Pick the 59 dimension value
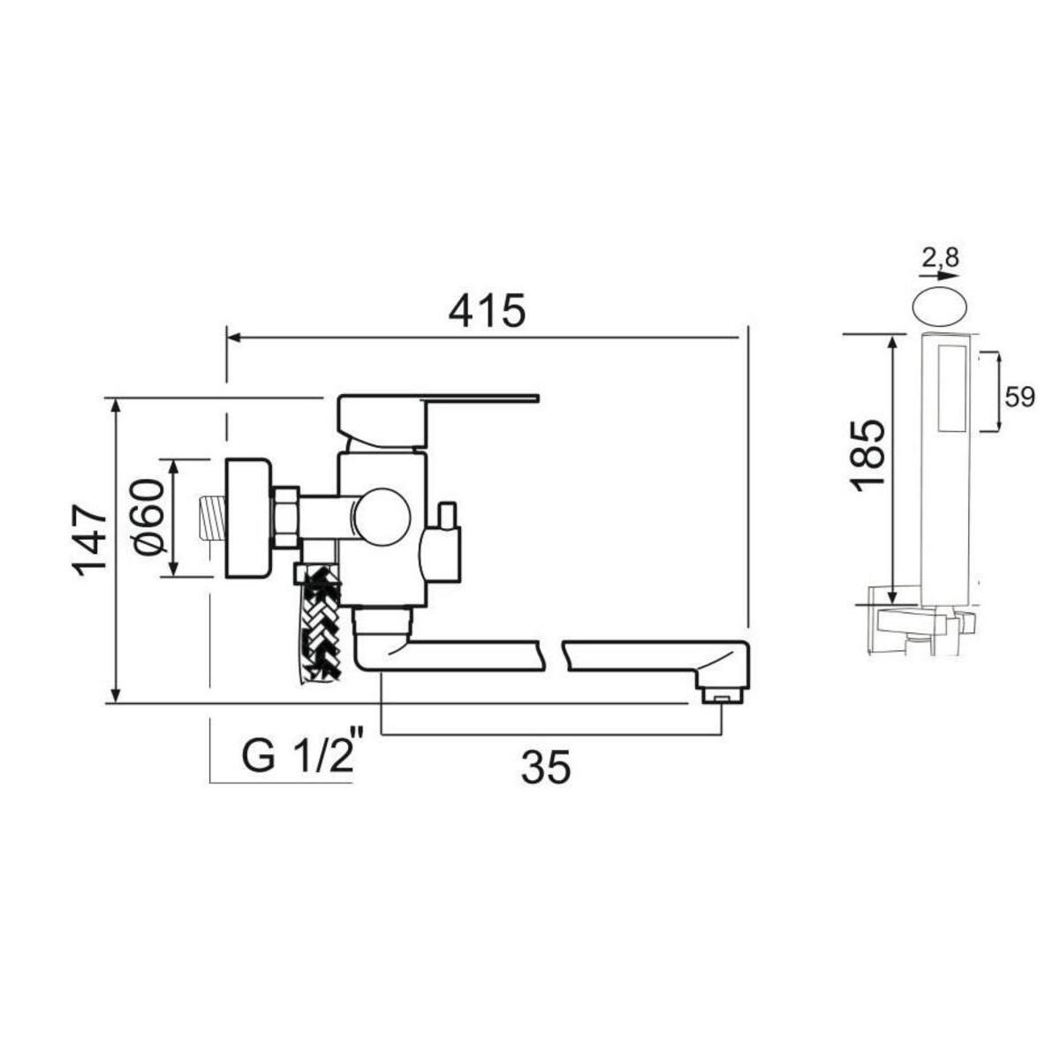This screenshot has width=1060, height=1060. pyautogui.click(x=1020, y=397)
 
